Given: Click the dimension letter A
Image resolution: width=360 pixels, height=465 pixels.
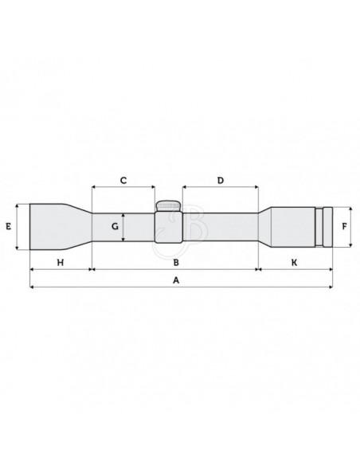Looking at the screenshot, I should click(x=177, y=280).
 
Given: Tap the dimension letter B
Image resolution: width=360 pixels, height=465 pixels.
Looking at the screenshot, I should click(x=176, y=261).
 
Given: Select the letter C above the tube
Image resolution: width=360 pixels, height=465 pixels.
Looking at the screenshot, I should click(x=123, y=181).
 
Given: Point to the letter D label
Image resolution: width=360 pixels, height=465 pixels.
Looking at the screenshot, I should click(x=220, y=181).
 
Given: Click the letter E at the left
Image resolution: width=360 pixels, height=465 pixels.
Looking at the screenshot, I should click(x=7, y=226).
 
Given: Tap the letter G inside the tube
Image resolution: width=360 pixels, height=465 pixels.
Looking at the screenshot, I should click(x=115, y=227).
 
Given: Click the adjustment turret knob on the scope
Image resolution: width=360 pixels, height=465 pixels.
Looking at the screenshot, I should click(x=168, y=206).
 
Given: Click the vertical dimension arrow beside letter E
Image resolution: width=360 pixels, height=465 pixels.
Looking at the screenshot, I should click(x=18, y=226).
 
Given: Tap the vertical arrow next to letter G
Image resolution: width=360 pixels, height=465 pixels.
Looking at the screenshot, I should click(x=124, y=227).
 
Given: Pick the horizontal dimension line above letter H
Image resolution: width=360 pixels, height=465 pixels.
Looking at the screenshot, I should click(x=61, y=269).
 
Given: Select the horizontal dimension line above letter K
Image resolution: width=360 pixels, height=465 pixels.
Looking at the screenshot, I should click(x=294, y=269).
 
